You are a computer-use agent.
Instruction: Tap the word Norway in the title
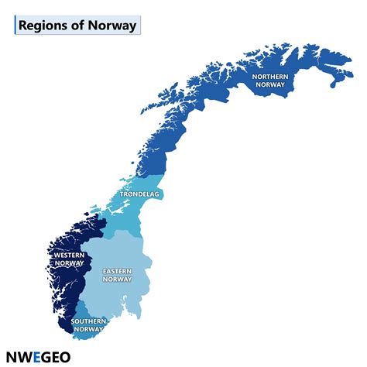[114, 25]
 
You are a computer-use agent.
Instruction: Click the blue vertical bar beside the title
[15, 25]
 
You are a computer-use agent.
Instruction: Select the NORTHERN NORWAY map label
[272, 80]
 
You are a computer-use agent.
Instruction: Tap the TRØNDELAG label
[139, 194]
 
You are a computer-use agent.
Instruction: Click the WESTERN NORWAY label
[70, 258]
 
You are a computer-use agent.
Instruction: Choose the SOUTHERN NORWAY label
[88, 325]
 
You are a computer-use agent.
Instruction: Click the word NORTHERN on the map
[272, 76]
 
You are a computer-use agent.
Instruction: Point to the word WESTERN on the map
[70, 254]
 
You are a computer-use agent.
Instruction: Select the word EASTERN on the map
[118, 271]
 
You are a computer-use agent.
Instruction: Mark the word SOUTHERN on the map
[88, 321]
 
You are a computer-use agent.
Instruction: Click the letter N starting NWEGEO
[11, 357]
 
